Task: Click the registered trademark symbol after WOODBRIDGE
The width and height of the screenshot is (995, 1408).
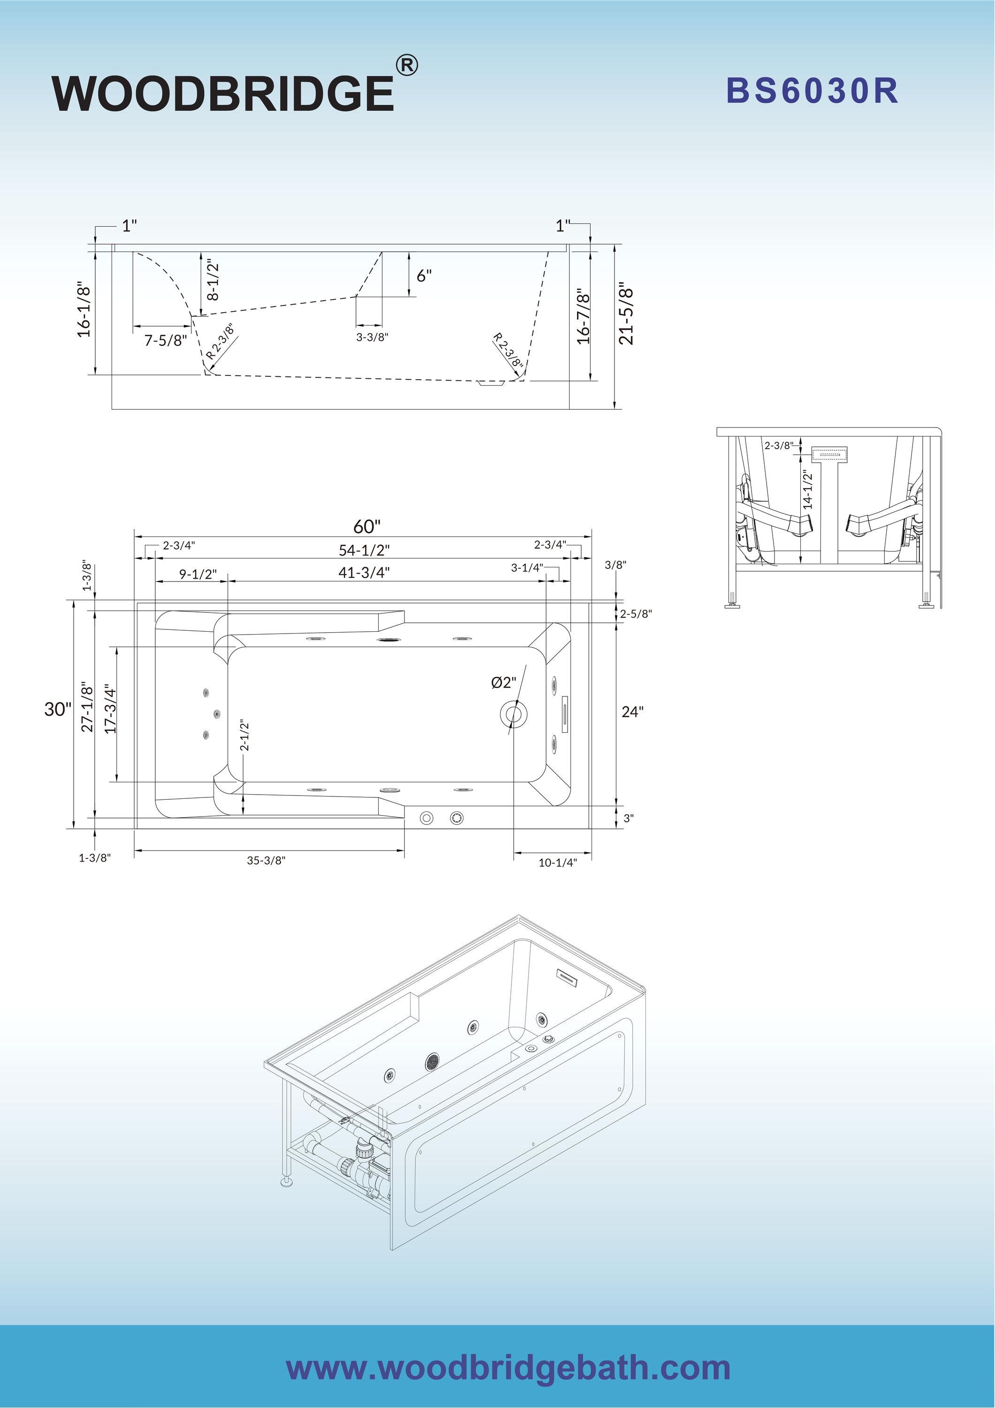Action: point(406,65)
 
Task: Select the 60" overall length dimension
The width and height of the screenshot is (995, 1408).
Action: point(366,527)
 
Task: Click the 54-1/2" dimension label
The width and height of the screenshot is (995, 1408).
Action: point(364,550)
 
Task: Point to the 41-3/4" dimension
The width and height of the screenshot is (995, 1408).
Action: point(364,573)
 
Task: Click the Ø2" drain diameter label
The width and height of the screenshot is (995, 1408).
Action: point(503,682)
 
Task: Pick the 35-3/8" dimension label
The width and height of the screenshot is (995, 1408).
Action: point(266,860)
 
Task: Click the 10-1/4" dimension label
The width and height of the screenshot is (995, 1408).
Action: point(557,863)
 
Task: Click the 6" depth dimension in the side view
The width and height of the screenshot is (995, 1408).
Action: point(424,276)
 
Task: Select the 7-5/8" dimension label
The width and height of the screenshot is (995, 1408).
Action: point(165,341)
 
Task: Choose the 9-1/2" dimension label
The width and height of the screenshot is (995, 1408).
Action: point(197,574)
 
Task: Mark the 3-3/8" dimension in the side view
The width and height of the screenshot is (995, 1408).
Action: point(372,337)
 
